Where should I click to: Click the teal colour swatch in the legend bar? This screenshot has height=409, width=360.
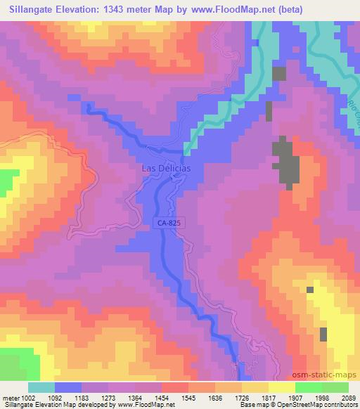coord(41,387)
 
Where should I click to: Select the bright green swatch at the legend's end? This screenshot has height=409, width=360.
coord(335,387)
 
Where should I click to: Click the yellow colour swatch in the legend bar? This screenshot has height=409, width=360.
coord(282,387)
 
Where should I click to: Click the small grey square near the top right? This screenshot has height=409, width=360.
coord(279,73)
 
